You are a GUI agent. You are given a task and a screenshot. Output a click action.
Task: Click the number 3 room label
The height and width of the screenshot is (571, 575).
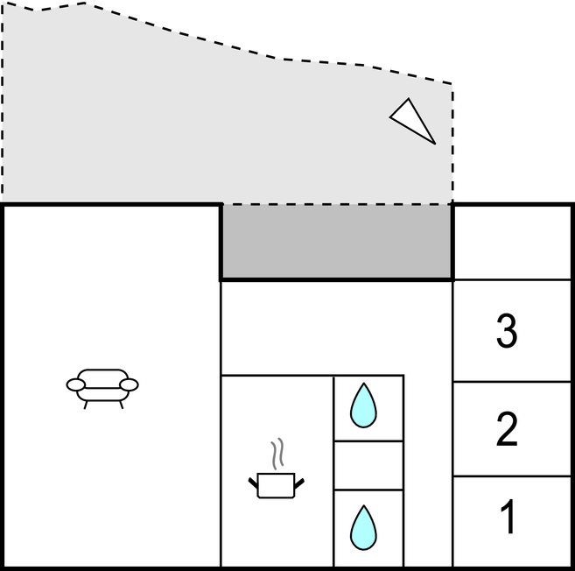pos(507,330)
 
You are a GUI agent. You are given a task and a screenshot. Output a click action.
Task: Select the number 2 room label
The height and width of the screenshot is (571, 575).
pos(507,429)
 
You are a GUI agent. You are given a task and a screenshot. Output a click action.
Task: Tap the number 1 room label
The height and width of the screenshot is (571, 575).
pos(508,516)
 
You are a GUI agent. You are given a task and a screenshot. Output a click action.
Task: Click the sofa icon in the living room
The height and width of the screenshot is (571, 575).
pos(102,389)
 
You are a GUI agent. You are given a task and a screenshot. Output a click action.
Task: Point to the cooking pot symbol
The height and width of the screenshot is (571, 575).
pos(277,485)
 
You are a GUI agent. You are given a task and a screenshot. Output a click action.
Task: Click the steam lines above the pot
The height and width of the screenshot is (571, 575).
pos(277,454)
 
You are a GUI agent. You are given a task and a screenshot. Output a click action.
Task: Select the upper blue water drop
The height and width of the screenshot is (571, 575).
pos(363,405)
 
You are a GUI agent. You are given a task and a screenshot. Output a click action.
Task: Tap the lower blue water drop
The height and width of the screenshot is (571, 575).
pos(363,528)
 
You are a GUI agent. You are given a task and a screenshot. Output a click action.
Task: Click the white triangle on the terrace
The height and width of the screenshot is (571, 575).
pos(412,120)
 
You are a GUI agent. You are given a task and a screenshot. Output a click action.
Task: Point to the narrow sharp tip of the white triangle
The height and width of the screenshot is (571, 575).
pos(435,144)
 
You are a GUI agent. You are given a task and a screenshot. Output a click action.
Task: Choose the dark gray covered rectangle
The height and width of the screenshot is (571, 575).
pos(337,242)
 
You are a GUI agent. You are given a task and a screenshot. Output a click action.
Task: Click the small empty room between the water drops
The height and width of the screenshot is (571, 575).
pos(368,465)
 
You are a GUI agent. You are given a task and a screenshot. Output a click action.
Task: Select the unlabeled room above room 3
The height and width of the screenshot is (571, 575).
pos(512,243)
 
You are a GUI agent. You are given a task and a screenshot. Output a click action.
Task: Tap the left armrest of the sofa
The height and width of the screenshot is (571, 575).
pos(75,385)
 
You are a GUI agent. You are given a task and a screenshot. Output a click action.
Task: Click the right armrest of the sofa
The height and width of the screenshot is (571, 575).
pos(129,385)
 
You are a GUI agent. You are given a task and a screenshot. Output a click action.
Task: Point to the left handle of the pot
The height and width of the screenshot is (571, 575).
pos(253,483)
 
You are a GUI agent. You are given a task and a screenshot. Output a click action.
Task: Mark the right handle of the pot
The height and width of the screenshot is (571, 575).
pos(299,483)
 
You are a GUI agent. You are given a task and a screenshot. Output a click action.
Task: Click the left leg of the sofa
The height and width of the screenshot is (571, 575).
pos(86,405)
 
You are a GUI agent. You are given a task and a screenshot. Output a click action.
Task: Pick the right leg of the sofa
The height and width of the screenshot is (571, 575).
pos(122,405)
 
